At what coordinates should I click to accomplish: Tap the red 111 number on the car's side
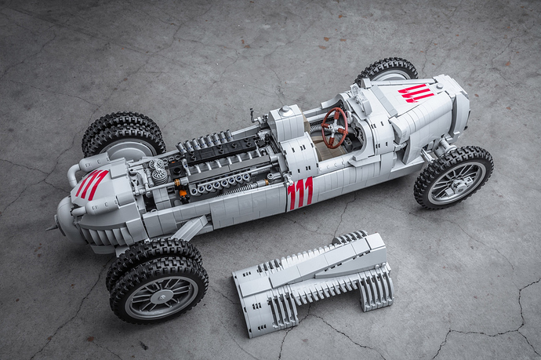[300, 193]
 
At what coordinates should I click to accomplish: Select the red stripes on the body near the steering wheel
[416, 93]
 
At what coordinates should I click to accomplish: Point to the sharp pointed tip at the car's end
[49, 228]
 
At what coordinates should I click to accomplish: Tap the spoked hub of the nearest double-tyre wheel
[161, 297]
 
